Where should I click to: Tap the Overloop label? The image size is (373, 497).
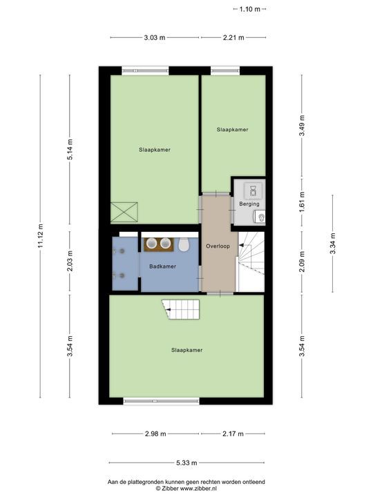point(218,246)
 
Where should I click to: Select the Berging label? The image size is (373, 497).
point(249,204)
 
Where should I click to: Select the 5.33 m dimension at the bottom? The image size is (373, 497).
point(186,463)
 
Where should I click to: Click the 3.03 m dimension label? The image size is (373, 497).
point(154,37)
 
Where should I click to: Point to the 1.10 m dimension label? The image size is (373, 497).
point(249,9)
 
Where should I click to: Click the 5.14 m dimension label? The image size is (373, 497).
point(70,150)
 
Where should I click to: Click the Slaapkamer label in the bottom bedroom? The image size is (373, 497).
point(186,351)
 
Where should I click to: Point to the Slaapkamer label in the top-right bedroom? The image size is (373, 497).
point(232,129)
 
